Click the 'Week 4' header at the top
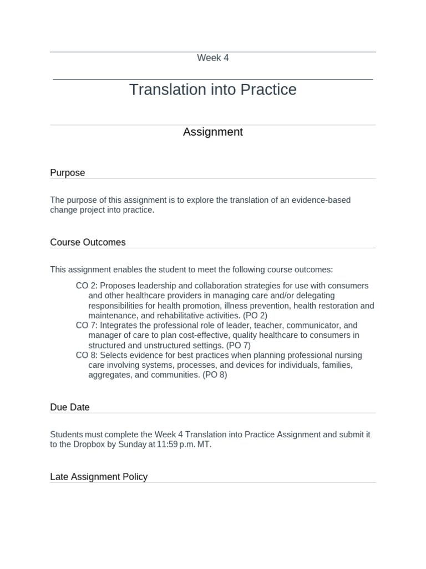click(213, 58)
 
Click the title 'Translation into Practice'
click(213, 89)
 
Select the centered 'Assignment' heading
click(213, 132)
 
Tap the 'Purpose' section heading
click(68, 173)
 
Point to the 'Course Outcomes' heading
click(88, 242)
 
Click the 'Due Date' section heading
click(70, 407)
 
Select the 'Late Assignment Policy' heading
click(99, 477)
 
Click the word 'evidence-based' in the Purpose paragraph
click(322, 200)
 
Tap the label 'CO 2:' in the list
click(87, 286)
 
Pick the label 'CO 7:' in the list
click(87, 325)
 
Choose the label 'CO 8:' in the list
click(87, 355)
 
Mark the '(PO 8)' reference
click(215, 375)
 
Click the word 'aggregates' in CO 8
click(110, 375)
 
